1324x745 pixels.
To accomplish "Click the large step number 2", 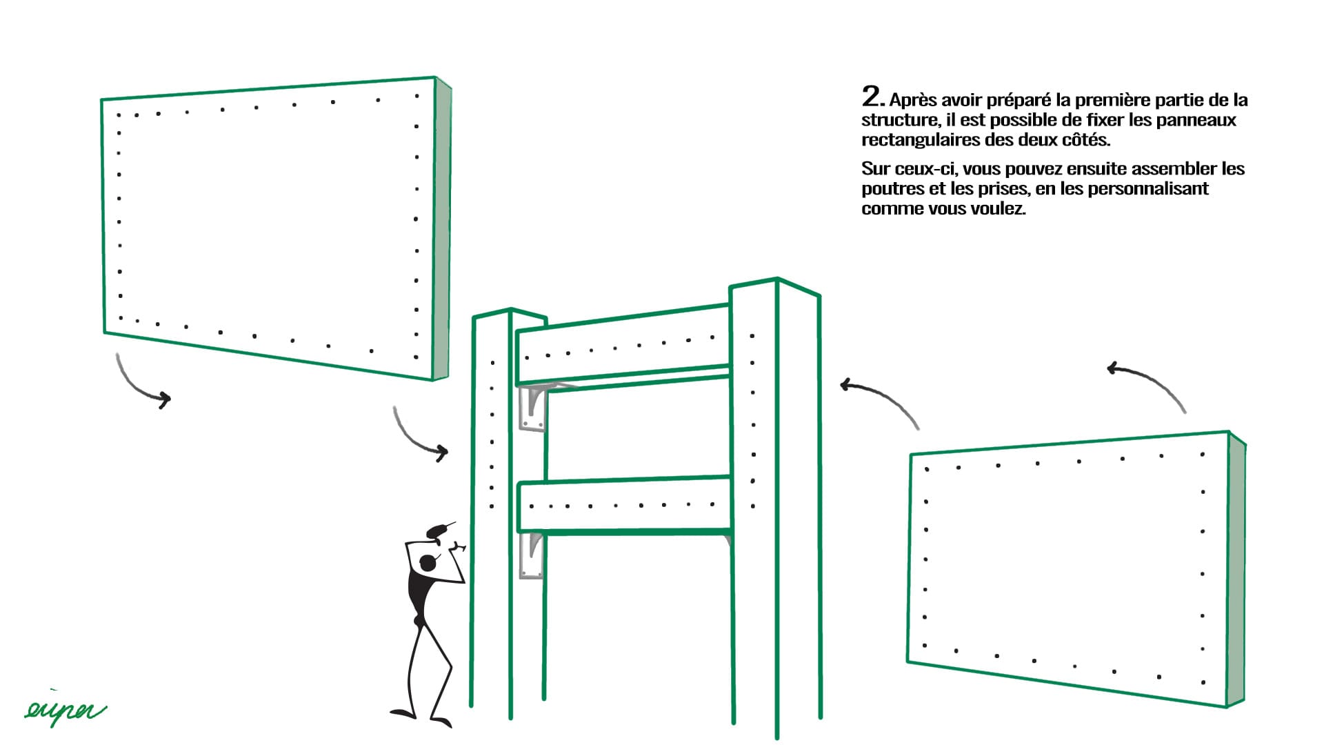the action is [872, 97].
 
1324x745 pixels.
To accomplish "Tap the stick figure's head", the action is [428, 563].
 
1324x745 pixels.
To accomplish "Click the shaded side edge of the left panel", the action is [442, 228].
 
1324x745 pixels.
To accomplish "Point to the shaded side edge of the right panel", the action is [1236, 570].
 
